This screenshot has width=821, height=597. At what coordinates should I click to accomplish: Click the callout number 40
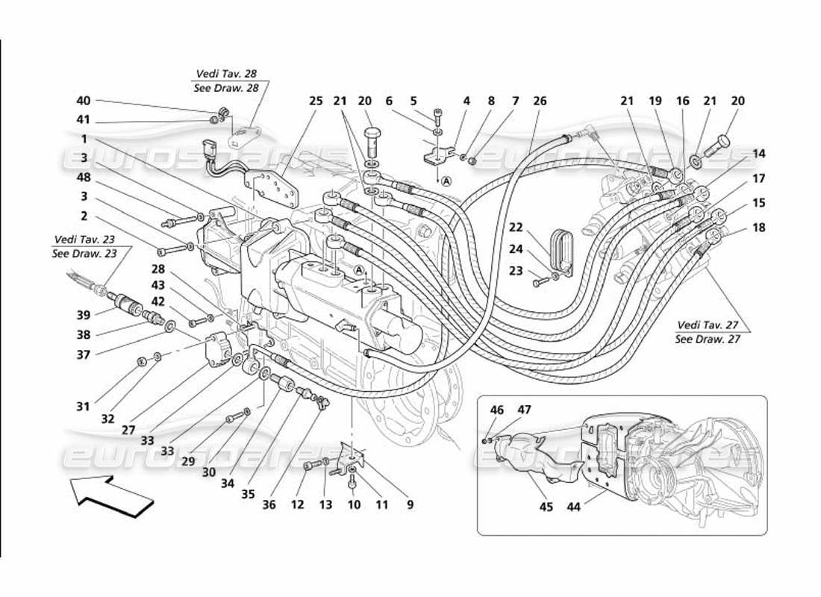tap(83, 101)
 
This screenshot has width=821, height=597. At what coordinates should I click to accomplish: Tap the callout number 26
tap(540, 101)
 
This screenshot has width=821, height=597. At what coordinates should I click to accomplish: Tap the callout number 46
tap(497, 410)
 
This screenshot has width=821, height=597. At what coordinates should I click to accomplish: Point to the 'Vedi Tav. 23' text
tap(84, 240)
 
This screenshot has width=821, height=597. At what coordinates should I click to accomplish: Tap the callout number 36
tap(269, 505)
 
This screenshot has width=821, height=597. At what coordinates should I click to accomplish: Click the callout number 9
tap(410, 505)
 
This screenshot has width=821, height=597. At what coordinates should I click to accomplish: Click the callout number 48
tap(84, 177)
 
